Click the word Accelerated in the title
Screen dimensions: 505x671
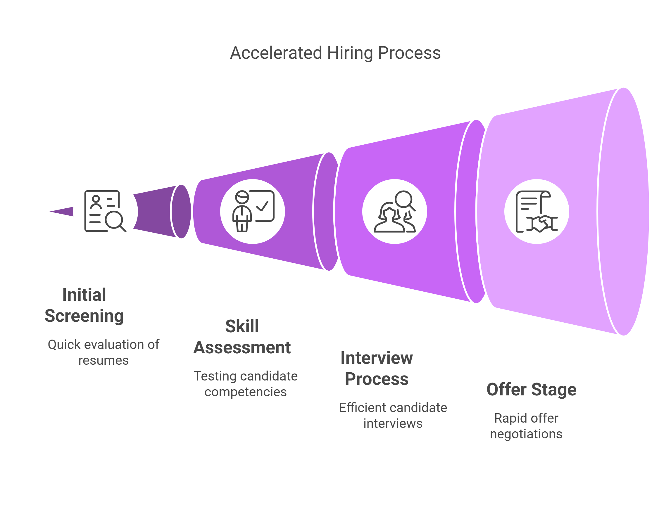click(x=276, y=53)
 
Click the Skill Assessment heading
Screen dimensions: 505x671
click(x=242, y=337)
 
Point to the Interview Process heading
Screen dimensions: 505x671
click(x=377, y=368)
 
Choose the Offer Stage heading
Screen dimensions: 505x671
click(x=532, y=390)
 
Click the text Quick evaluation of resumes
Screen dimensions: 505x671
click(x=104, y=352)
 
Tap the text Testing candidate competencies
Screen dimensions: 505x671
click(x=246, y=384)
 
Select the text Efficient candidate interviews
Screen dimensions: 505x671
click(x=393, y=416)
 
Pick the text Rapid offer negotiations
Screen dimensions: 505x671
click(x=526, y=426)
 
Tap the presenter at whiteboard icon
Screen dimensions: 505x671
click(x=253, y=211)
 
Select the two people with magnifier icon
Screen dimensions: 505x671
click(x=395, y=211)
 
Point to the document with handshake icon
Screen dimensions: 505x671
click(x=537, y=211)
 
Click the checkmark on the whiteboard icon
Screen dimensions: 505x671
click(x=262, y=206)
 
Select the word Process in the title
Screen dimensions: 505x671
click(x=409, y=53)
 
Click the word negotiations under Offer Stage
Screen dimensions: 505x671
click(x=526, y=434)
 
